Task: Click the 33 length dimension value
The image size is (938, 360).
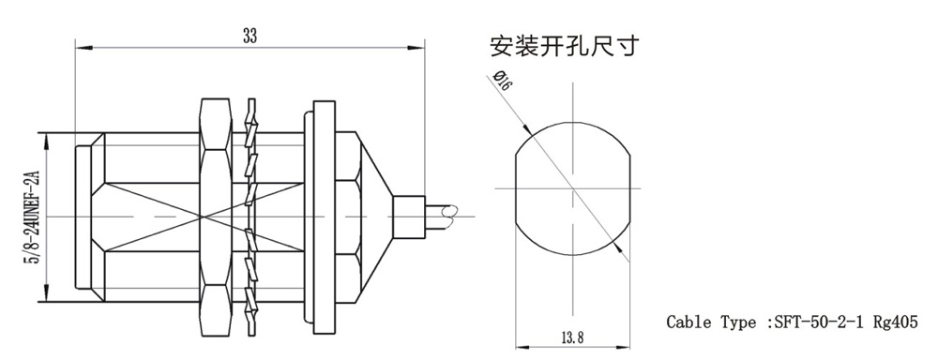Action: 250,37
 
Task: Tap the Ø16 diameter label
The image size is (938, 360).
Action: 501,81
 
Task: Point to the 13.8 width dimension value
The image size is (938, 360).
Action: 572,337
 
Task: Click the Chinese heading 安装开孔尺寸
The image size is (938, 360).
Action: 565,46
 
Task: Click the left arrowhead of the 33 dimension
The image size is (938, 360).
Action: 83,47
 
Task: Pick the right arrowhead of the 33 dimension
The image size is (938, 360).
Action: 417,47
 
